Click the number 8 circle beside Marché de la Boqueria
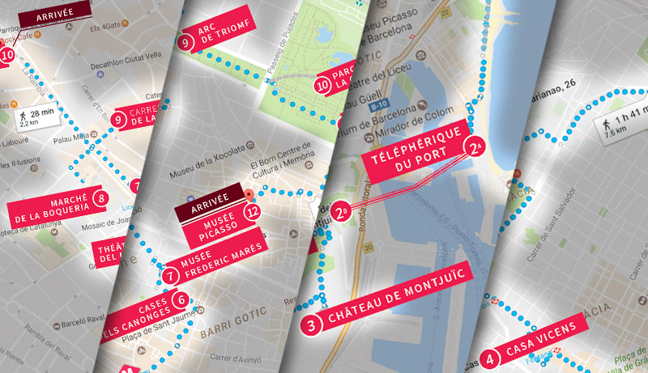click(101, 197)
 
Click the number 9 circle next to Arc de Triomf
click(185, 43)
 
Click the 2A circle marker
click(475, 146)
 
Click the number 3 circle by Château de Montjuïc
click(313, 324)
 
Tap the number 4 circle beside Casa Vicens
click(489, 359)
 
